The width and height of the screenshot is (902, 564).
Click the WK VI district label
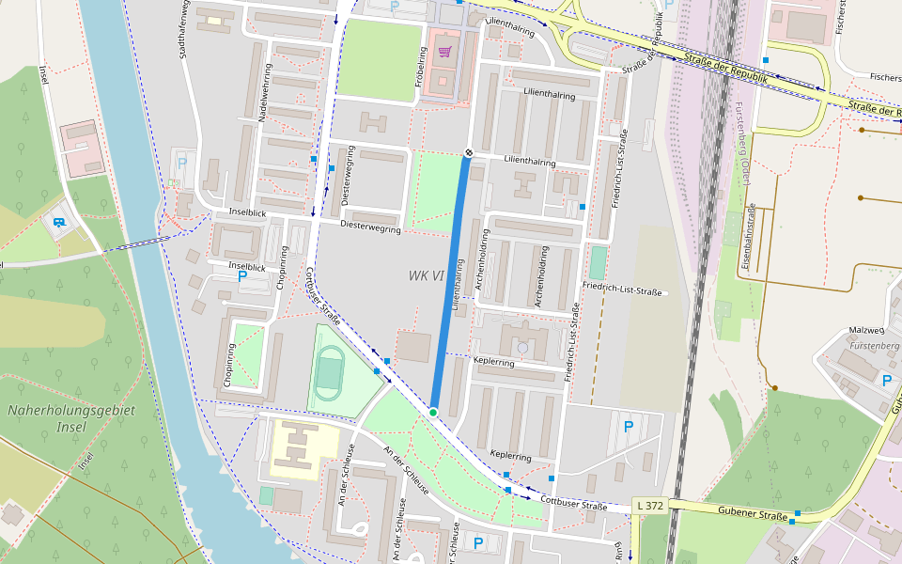pyautogui.click(x=426, y=275)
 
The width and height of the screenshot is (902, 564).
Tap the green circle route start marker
pyautogui.click(x=433, y=413)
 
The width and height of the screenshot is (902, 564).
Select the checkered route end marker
pyautogui.click(x=468, y=152)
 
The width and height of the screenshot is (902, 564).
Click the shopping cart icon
pyautogui.click(x=444, y=52)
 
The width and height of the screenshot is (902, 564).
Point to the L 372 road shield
pyautogui.click(x=649, y=506)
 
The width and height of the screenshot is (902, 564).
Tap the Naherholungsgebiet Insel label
pyautogui.click(x=71, y=418)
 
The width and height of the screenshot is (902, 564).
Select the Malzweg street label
pyautogui.click(x=867, y=331)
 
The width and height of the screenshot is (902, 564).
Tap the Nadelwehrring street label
pyautogui.click(x=264, y=94)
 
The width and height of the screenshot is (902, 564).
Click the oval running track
pyautogui.click(x=329, y=373)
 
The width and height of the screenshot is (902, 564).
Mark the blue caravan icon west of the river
pyautogui.click(x=60, y=223)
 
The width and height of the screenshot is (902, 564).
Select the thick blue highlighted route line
pyautogui.click(x=451, y=282)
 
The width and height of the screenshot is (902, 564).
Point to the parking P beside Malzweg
pyautogui.click(x=886, y=381)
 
